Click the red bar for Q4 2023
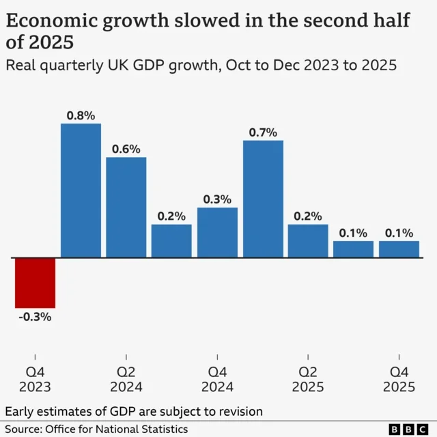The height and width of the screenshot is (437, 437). [35, 283]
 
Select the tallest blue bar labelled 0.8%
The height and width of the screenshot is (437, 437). [81, 191]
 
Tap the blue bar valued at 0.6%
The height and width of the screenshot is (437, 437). [126, 207]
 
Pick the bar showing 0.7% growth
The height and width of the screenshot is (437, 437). [263, 199]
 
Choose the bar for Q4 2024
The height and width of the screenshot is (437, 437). [217, 232]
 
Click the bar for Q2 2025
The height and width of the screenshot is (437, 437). [308, 240]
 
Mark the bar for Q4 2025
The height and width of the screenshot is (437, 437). [399, 249]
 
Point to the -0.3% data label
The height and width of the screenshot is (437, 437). [35, 317]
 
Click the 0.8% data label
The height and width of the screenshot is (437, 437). [81, 115]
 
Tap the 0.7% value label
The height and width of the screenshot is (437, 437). [263, 132]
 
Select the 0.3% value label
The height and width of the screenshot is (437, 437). [217, 199]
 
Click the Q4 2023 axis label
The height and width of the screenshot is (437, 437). [35, 379]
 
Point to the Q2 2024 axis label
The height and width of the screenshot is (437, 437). [126, 379]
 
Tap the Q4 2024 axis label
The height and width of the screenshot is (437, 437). [217, 379]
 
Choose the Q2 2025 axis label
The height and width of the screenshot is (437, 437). [308, 379]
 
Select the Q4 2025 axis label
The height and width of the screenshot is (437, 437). [399, 379]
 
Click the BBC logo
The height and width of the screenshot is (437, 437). [408, 429]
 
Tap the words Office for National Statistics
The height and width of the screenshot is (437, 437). [117, 429]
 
